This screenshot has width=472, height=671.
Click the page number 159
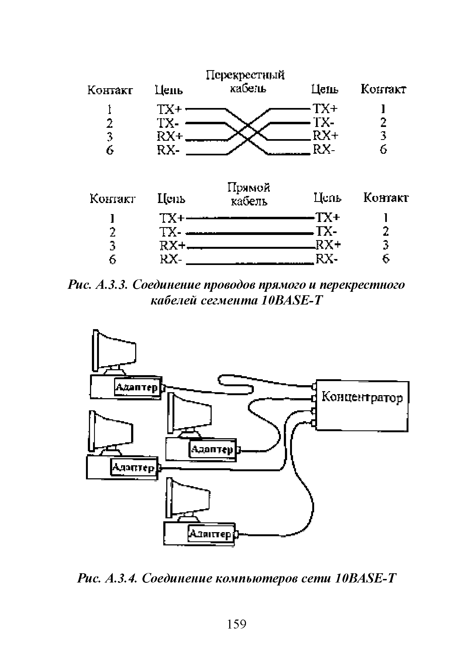[x=237, y=624]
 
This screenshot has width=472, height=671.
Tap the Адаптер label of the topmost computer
[x=137, y=388]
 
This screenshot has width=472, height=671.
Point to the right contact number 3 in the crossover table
[x=383, y=136]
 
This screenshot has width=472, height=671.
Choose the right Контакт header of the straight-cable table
[x=386, y=198]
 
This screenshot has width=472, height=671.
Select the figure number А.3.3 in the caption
[x=112, y=284]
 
